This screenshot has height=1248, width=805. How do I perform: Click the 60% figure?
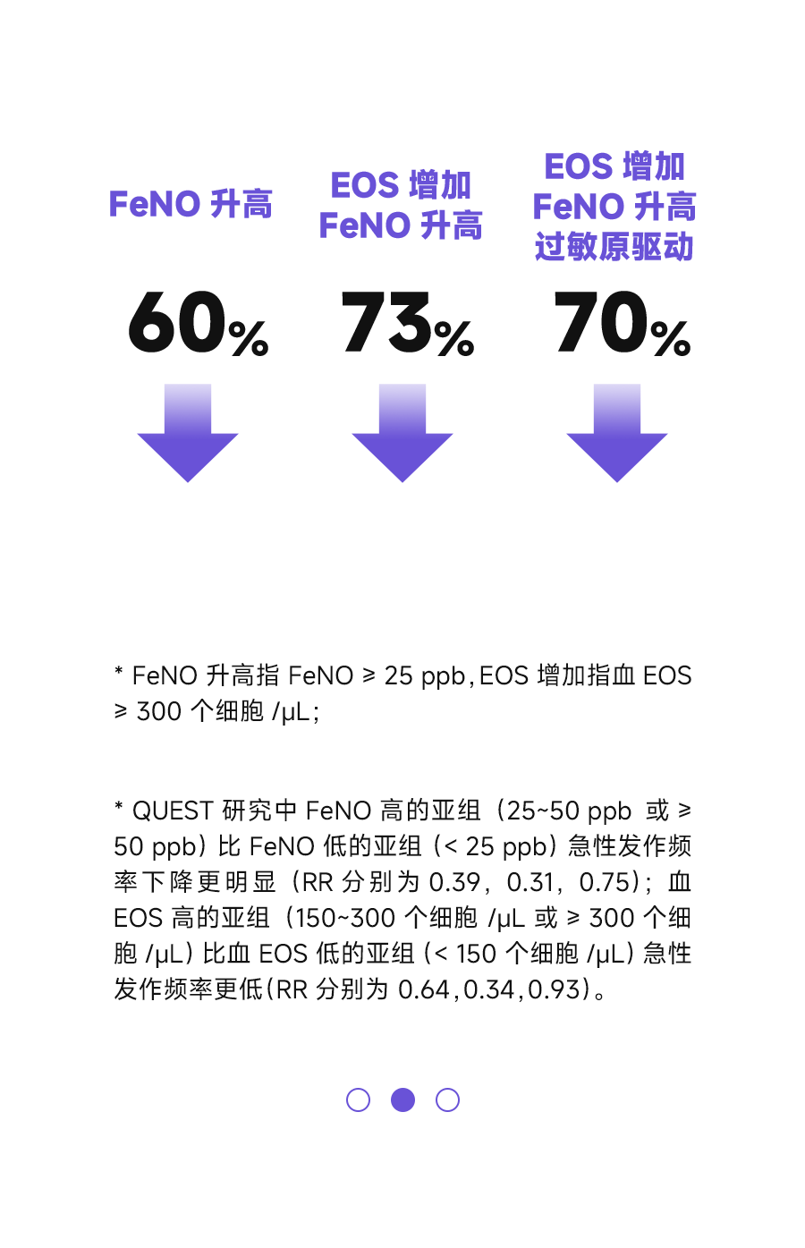tap(199, 323)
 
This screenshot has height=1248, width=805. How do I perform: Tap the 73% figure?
tap(407, 323)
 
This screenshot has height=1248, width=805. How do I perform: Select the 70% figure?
tap(623, 323)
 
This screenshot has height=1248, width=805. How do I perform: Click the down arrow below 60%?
tap(188, 432)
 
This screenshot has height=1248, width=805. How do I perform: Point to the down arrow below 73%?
tap(402, 432)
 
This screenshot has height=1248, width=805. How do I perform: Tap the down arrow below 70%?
tap(616, 432)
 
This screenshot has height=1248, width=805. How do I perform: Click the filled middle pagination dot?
tap(402, 1099)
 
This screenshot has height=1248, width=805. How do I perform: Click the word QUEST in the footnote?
tap(173, 811)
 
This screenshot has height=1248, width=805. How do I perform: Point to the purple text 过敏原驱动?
tap(614, 247)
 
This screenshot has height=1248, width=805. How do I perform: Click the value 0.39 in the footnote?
tap(454, 882)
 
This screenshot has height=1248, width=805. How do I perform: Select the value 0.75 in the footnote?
tap(605, 882)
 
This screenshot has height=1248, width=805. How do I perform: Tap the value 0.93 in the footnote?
tap(555, 989)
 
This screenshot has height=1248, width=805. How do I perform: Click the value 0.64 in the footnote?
tap(424, 989)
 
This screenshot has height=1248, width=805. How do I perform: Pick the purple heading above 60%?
tap(191, 204)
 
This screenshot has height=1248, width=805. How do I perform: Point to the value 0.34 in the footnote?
tap(489, 989)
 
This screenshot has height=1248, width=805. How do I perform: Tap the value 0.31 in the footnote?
tap(530, 882)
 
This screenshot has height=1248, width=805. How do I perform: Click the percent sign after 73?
tap(454, 338)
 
